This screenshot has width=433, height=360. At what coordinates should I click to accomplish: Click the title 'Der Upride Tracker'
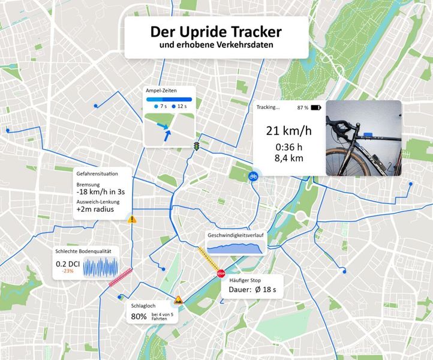click(216, 31)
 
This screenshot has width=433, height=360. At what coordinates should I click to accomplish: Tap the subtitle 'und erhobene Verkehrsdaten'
click(216, 46)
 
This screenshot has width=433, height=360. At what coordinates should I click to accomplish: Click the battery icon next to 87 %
click(316, 108)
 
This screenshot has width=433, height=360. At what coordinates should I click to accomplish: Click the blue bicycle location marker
click(253, 176)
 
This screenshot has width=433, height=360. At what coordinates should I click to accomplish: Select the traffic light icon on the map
click(196, 146)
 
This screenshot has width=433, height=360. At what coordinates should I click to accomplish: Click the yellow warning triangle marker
click(132, 220)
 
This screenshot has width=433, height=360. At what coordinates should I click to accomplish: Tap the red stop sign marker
click(220, 274)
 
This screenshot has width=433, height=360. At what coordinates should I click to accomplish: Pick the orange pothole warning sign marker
click(178, 300)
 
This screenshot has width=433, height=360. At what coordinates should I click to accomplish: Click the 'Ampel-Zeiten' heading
click(160, 90)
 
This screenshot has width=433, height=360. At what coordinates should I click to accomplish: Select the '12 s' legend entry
click(181, 106)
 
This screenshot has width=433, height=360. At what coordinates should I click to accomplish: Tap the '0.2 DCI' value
click(68, 263)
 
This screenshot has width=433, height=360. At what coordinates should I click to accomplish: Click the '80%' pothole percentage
click(139, 316)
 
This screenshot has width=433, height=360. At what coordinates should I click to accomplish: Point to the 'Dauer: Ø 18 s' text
click(252, 290)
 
